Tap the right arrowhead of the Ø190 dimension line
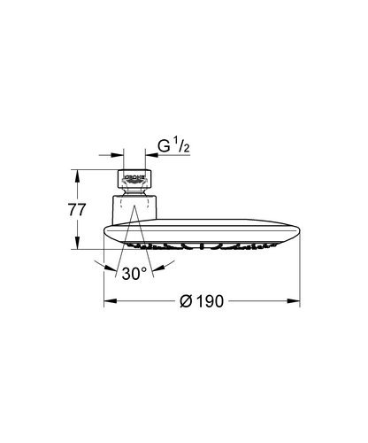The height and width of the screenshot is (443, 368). click(296, 301)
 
